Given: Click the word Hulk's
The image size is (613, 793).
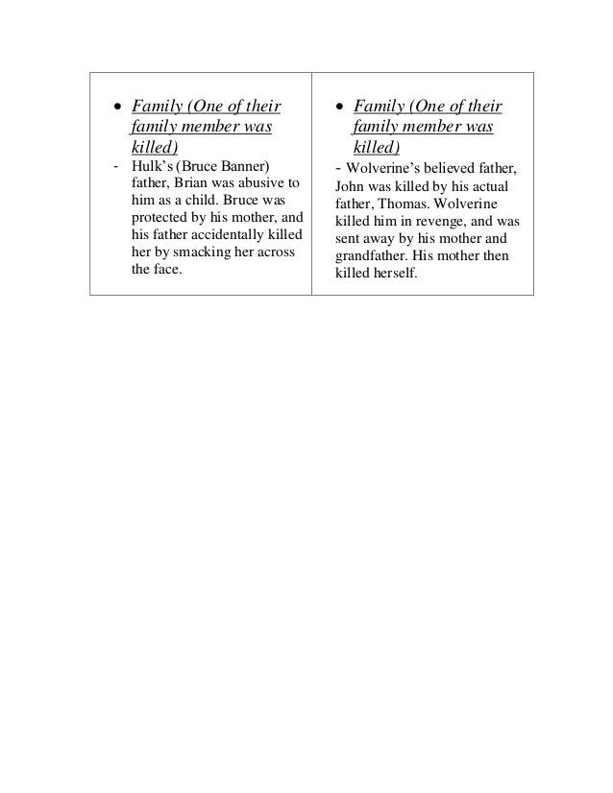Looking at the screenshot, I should click(x=150, y=168).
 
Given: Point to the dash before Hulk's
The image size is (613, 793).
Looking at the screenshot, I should click(x=115, y=168).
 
